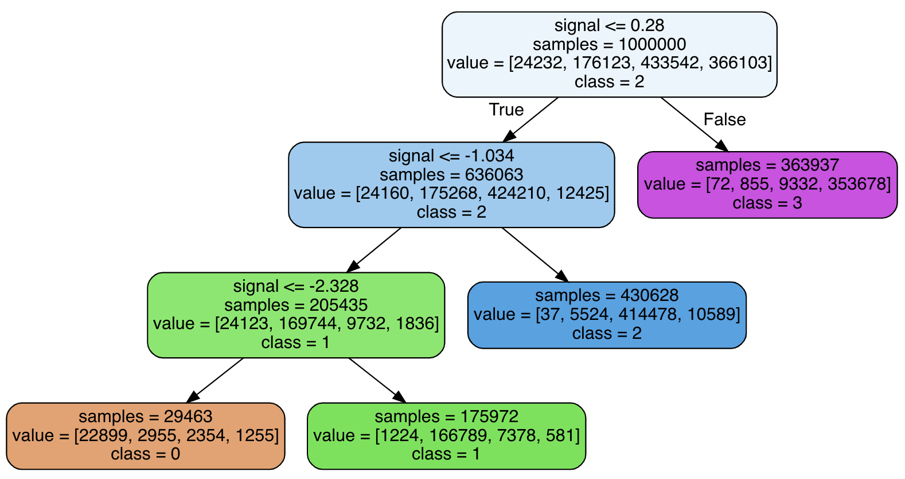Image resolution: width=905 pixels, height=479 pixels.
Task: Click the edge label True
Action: [506, 110]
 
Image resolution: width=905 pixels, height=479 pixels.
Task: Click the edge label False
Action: [724, 119]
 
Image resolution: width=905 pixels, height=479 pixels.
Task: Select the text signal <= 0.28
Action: [609, 25]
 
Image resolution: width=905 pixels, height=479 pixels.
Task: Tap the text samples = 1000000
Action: [609, 44]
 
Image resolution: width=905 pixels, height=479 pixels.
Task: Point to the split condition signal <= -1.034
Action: [451, 156]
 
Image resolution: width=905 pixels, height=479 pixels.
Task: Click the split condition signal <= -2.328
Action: [296, 286]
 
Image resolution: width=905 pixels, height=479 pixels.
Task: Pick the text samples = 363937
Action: [767, 165]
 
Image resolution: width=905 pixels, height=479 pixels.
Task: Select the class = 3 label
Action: [767, 203]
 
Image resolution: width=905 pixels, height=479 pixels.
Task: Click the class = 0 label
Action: [146, 454]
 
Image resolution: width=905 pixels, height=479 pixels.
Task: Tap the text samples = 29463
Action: [146, 416]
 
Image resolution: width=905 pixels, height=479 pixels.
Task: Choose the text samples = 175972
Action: [446, 416]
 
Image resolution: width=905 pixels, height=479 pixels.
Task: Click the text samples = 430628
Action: [607, 295]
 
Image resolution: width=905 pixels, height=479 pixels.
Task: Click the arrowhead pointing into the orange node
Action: [193, 397]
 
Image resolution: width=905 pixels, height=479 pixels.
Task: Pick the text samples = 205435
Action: [296, 304]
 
